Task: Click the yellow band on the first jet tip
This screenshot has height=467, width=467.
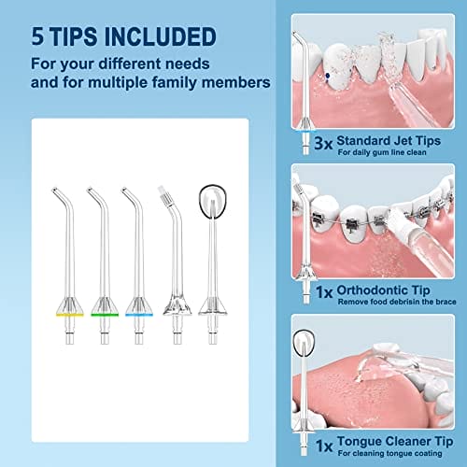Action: (70, 315)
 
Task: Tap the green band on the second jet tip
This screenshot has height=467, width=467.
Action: (105, 315)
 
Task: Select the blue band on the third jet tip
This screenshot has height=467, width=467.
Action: (139, 315)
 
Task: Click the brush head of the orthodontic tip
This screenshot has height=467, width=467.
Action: (164, 196)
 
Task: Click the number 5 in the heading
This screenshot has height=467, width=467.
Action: (37, 36)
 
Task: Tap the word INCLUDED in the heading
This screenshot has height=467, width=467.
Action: (161, 36)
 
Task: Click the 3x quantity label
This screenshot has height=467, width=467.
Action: (323, 143)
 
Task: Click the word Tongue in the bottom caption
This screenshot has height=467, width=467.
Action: (361, 442)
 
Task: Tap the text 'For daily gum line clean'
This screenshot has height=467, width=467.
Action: (382, 152)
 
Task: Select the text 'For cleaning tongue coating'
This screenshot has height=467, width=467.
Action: (389, 453)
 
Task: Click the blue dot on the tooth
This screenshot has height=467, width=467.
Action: (328, 76)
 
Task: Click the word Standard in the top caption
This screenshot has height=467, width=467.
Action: (365, 141)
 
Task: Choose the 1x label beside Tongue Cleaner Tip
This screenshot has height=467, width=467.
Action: (324, 446)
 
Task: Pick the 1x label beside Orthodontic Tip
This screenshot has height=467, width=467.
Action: (324, 292)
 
